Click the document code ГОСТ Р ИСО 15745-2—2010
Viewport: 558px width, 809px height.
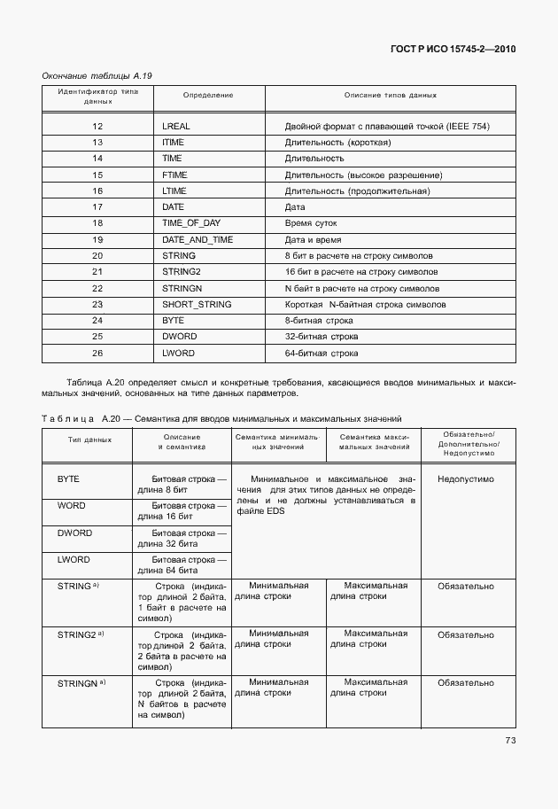click(453, 49)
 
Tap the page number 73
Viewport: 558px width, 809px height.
click(510, 741)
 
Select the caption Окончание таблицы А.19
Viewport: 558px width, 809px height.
click(97, 76)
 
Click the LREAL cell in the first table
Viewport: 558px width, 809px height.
click(176, 127)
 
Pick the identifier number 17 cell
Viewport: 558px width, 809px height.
click(98, 207)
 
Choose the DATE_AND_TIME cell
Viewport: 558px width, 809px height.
click(198, 239)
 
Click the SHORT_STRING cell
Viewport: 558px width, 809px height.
click(197, 304)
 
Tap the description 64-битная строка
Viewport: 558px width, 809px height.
click(322, 353)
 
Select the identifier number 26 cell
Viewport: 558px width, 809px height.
click(98, 353)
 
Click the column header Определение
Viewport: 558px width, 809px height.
click(208, 95)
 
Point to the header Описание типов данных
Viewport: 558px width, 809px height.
click(391, 95)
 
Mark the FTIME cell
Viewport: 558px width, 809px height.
click(174, 175)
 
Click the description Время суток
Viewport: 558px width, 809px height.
click(311, 223)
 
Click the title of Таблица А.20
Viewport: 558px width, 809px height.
click(221, 416)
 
